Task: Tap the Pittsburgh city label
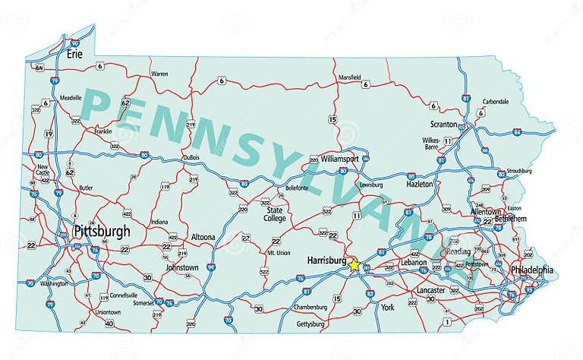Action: (x=102, y=231)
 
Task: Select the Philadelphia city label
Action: (x=532, y=271)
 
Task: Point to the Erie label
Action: (x=74, y=54)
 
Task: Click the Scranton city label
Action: (x=444, y=124)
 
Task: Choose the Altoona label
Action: (x=203, y=237)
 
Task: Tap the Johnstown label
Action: (x=182, y=267)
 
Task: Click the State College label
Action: (x=275, y=213)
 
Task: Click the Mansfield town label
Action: (x=349, y=77)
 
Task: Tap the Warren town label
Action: (x=159, y=74)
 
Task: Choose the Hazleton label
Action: (x=420, y=184)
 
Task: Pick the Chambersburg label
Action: (x=310, y=308)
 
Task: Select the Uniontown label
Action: (x=108, y=312)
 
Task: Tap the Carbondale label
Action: (x=496, y=102)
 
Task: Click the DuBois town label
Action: (x=191, y=157)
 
